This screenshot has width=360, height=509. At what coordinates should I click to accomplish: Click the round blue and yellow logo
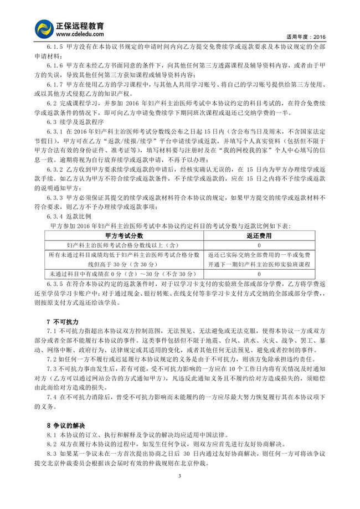pos(44,28)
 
